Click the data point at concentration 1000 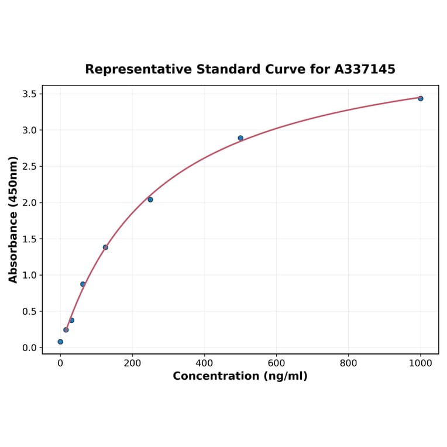[420, 98]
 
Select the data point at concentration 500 [240, 138]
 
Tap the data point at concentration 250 [150, 200]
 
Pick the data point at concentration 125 [105, 247]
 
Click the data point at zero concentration [60, 342]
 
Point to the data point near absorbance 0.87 [82, 284]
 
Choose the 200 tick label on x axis [132, 363]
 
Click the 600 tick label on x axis [276, 363]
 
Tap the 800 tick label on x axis [348, 363]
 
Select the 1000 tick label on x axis [420, 363]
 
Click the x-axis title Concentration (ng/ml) [240, 376]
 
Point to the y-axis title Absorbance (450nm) [13, 219]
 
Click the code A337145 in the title [365, 70]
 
